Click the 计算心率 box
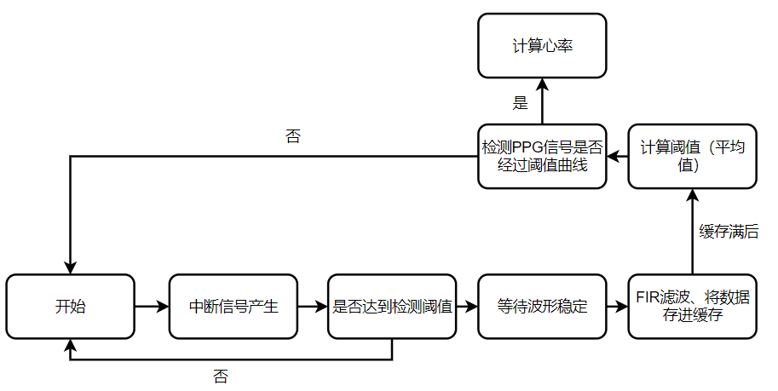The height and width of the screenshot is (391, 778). coord(542,46)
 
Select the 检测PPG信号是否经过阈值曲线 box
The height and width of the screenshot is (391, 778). coord(542,156)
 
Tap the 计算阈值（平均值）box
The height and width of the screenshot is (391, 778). coord(692,156)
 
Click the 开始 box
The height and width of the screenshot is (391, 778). coord(70,307)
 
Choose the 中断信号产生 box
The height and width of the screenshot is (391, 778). coord(233,307)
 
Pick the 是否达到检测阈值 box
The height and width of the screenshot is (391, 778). coord(392,307)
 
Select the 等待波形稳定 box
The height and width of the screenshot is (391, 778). coord(542,307)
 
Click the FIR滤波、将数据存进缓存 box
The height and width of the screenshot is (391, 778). coord(692,307)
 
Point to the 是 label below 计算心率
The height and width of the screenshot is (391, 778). coord(520,103)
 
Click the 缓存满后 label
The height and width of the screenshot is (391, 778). coord(729,232)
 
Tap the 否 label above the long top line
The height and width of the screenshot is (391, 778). coord(293,136)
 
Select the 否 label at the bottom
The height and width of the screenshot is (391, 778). coord(221,377)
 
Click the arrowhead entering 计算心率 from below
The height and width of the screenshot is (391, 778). coord(542,85)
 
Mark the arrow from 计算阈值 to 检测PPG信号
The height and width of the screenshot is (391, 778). coord(618,157)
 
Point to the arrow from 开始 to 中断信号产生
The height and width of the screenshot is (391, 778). coord(152,307)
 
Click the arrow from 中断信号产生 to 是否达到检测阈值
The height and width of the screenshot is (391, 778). coord(313,307)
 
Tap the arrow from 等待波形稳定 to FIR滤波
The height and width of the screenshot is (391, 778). coord(617,307)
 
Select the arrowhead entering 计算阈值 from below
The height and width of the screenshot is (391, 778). coord(693,196)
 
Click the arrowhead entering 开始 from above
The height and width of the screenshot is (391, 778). coord(70,268)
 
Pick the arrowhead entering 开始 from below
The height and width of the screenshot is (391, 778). coord(70,346)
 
